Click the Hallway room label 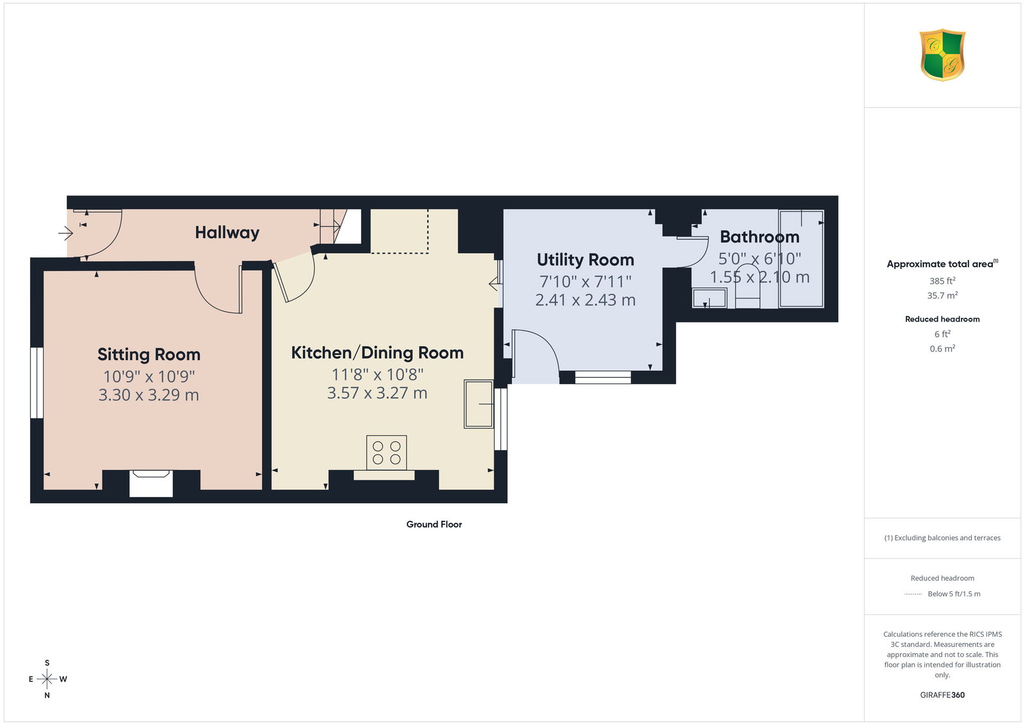(227, 233)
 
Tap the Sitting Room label (149, 355)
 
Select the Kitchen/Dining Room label (377, 353)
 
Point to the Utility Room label (586, 260)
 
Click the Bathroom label (760, 237)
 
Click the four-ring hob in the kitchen (386, 452)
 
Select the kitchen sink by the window (479, 404)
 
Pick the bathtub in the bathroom (801, 259)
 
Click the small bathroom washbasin (709, 298)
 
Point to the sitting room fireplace (151, 483)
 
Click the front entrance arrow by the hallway (65, 233)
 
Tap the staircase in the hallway (332, 227)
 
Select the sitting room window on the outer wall (37, 383)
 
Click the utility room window (603, 377)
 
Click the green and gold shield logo (942, 55)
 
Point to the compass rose (47, 679)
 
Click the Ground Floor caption (434, 524)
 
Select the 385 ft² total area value (942, 281)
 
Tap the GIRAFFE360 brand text (942, 695)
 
